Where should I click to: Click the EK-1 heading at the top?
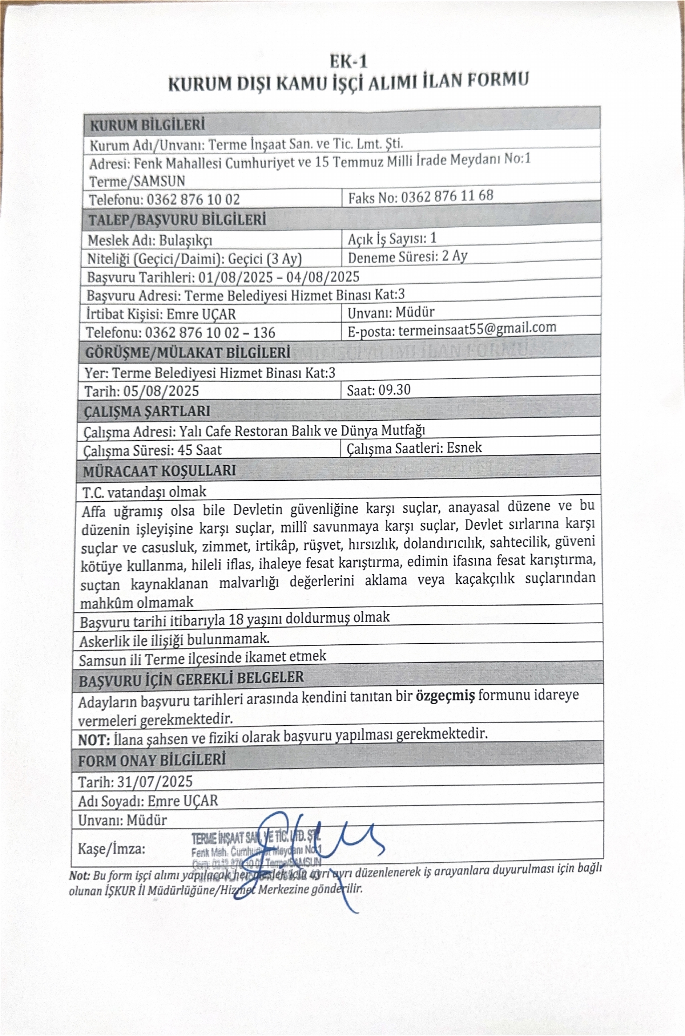tap(349, 61)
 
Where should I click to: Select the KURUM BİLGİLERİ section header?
tap(147, 125)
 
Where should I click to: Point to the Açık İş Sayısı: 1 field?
tap(392, 238)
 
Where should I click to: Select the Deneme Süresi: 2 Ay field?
tap(407, 256)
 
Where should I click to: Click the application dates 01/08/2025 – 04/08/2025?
tap(278, 277)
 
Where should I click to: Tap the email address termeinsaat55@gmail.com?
tap(477, 329)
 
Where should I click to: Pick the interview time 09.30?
tap(394, 390)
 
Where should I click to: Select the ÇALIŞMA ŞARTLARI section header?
tap(147, 411)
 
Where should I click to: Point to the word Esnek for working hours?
tap(464, 448)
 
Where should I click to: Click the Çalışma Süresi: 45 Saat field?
tap(152, 450)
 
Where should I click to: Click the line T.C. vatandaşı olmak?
tap(144, 492)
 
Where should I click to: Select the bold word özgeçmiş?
tap(445, 696)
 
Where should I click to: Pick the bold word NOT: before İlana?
tap(94, 740)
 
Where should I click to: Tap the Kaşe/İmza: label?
tap(112, 849)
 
